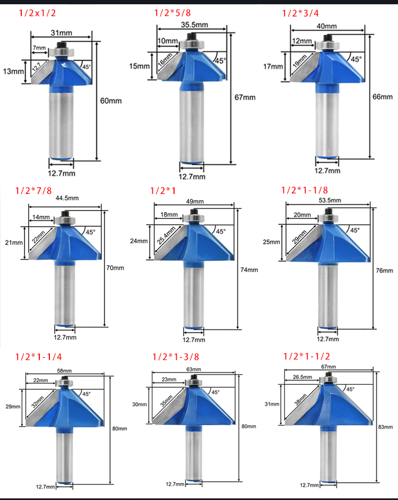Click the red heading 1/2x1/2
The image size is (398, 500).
pos(37,13)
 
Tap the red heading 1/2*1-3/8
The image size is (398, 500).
pos(176,357)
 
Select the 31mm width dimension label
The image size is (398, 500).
pos(62,33)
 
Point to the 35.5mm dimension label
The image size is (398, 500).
pos(195,24)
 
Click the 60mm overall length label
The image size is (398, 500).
pos(111,101)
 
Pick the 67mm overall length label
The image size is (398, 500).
pos(245,97)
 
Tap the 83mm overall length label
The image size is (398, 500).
pos(386,427)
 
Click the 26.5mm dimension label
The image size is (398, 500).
pos(302,377)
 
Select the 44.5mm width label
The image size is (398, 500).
pos(67,198)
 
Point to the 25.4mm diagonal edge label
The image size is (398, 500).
pos(166,235)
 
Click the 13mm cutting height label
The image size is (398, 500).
pos(13,71)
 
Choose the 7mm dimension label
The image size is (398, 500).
pos(39,48)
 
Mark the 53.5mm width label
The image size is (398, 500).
pos(330,200)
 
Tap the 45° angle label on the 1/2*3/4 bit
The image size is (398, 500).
pos(356,59)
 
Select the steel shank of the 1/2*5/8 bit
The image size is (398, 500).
pos(192,126)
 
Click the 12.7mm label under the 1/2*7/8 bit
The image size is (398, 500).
pos(65,337)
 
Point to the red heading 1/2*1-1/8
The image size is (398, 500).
pos(305,190)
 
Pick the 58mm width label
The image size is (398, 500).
pos(64,370)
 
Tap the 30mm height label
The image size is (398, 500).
pos(140,404)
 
